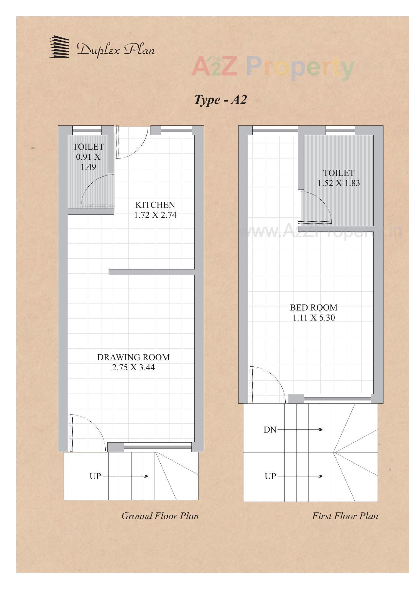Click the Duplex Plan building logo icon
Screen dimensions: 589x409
point(59,47)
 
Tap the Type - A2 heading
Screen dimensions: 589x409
point(220,99)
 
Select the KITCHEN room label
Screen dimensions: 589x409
point(155,205)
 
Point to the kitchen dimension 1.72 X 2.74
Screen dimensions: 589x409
point(155,215)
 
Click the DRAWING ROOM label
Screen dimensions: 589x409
point(133,357)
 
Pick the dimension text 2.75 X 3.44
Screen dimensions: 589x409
point(133,367)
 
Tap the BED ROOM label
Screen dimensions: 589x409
point(313,307)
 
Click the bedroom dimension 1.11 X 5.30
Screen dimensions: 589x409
point(313,318)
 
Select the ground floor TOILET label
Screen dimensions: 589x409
point(88,147)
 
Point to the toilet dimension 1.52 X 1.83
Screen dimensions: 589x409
point(339,183)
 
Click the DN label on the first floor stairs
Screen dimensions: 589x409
point(270,430)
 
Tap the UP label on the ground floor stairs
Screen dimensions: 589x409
point(95,476)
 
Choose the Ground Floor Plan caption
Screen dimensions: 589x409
point(160,516)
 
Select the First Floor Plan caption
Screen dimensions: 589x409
point(345,516)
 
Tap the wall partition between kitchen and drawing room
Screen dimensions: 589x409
point(151,272)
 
